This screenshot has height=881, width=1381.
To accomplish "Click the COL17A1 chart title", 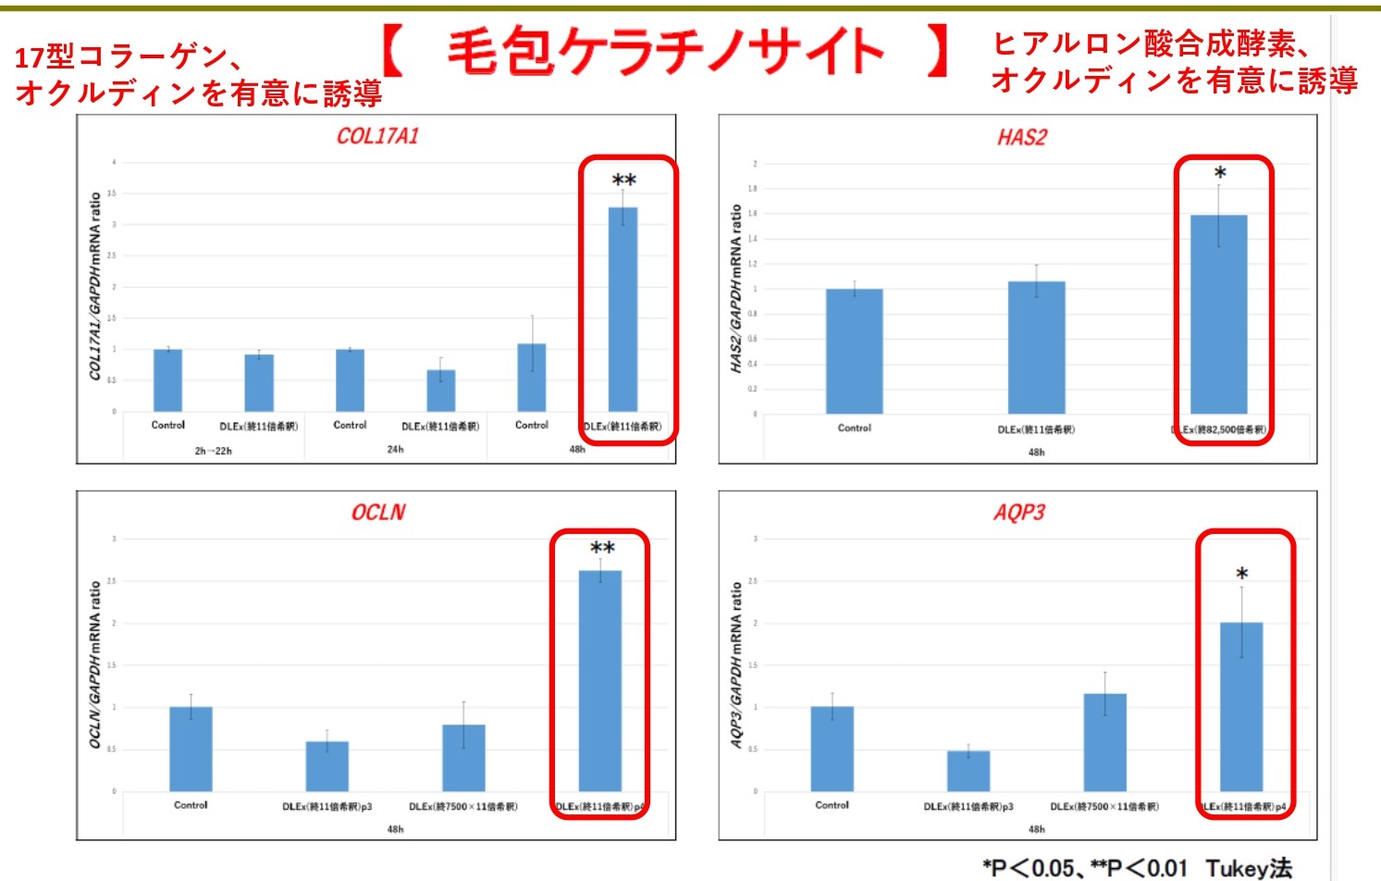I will pyautogui.click(x=377, y=136).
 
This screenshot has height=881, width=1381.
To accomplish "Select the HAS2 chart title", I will pyautogui.click(x=1021, y=138).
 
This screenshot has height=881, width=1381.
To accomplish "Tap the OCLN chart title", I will pyautogui.click(x=377, y=512).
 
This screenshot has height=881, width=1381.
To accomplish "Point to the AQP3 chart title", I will pyautogui.click(x=1018, y=512).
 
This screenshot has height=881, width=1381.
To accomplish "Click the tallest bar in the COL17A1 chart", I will pyautogui.click(x=623, y=309).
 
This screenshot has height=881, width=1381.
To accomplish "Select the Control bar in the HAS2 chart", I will pyautogui.click(x=854, y=351).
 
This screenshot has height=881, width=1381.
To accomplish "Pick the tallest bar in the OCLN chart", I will pyautogui.click(x=599, y=680).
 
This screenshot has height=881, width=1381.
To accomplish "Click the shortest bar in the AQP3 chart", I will pyautogui.click(x=968, y=770).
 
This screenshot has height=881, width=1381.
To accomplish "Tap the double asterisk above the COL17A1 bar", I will pyautogui.click(x=624, y=180).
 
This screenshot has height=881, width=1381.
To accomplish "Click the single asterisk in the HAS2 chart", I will pyautogui.click(x=1220, y=173).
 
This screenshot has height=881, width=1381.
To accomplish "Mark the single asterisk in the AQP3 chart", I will pyautogui.click(x=1241, y=574).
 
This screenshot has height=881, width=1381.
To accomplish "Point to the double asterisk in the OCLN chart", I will pyautogui.click(x=602, y=549).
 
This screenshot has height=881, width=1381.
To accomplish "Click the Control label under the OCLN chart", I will pyautogui.click(x=191, y=805).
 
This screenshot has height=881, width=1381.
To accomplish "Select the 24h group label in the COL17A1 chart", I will pyautogui.click(x=395, y=450).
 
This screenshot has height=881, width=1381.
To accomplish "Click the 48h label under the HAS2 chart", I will pyautogui.click(x=1036, y=453).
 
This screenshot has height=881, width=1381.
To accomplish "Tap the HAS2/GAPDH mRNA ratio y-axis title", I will pyautogui.click(x=736, y=289).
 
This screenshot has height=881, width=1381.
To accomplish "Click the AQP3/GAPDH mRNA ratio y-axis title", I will pyautogui.click(x=736, y=664).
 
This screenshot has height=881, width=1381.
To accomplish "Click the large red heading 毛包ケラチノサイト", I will pyautogui.click(x=666, y=51).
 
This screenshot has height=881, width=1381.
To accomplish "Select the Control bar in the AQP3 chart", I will pyautogui.click(x=832, y=749).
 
